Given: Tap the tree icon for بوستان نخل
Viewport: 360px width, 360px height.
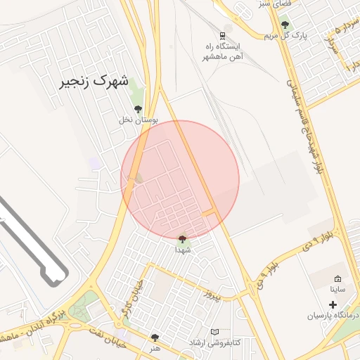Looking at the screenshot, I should coord(138,109).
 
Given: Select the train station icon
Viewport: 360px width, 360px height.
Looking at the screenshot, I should coord(223,36).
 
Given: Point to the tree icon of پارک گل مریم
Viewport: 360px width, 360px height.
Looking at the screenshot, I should coord(285,25).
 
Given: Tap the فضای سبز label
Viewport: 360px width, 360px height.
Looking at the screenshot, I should coord(274,4).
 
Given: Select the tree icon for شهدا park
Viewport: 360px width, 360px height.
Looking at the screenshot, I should coord(183,240).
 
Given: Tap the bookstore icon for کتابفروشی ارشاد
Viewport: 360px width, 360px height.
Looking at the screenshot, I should coord(215,332).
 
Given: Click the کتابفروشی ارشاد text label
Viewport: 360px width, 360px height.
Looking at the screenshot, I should coord(214,342).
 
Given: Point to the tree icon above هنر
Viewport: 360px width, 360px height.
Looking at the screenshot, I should coord(155,338).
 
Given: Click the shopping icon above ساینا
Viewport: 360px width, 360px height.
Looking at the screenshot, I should coord(337,279).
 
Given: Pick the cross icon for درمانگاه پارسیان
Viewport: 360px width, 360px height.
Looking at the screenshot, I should coord(333,305).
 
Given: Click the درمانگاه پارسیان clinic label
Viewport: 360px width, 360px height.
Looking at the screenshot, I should coord(332,316).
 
